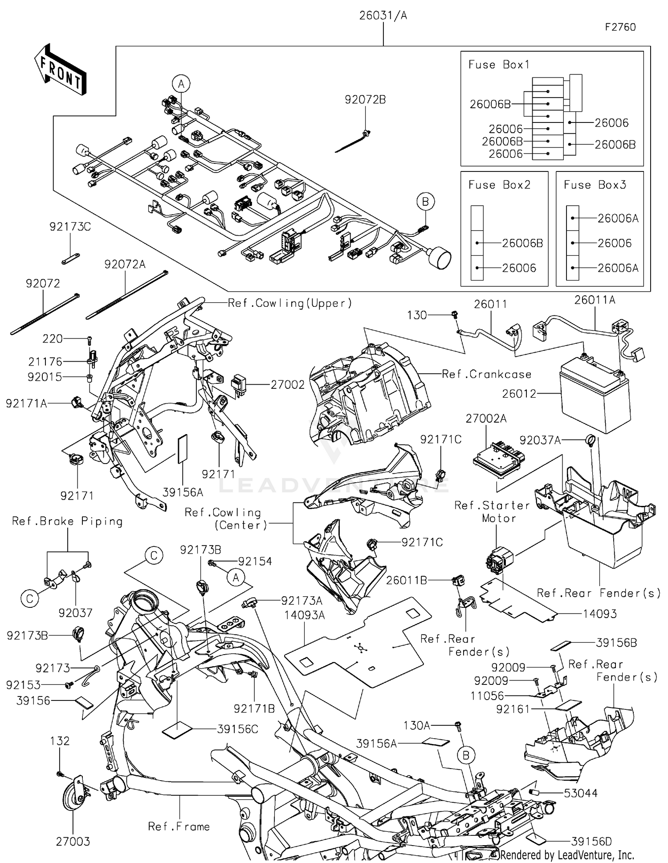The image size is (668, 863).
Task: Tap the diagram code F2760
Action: [x=620, y=27]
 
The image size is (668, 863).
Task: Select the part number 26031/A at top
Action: [x=383, y=16]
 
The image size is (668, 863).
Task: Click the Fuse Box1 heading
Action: [x=499, y=65]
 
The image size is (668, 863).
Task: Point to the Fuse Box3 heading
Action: [x=595, y=185]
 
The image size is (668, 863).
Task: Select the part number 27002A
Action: [x=486, y=419]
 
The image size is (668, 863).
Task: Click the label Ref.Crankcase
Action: [x=486, y=374]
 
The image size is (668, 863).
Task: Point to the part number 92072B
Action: [x=365, y=100]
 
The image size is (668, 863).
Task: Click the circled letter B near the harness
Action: [x=425, y=202]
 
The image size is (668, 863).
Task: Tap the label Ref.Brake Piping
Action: [x=67, y=521]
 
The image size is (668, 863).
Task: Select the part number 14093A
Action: [x=305, y=615]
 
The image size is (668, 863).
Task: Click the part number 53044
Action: [x=580, y=793]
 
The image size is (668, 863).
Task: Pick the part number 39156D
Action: [x=591, y=842]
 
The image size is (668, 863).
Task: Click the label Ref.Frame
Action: [x=179, y=826]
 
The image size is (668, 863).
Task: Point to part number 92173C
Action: [x=70, y=227]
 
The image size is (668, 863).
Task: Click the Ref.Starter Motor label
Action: [x=492, y=512]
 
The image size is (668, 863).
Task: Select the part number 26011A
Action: [x=595, y=300]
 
